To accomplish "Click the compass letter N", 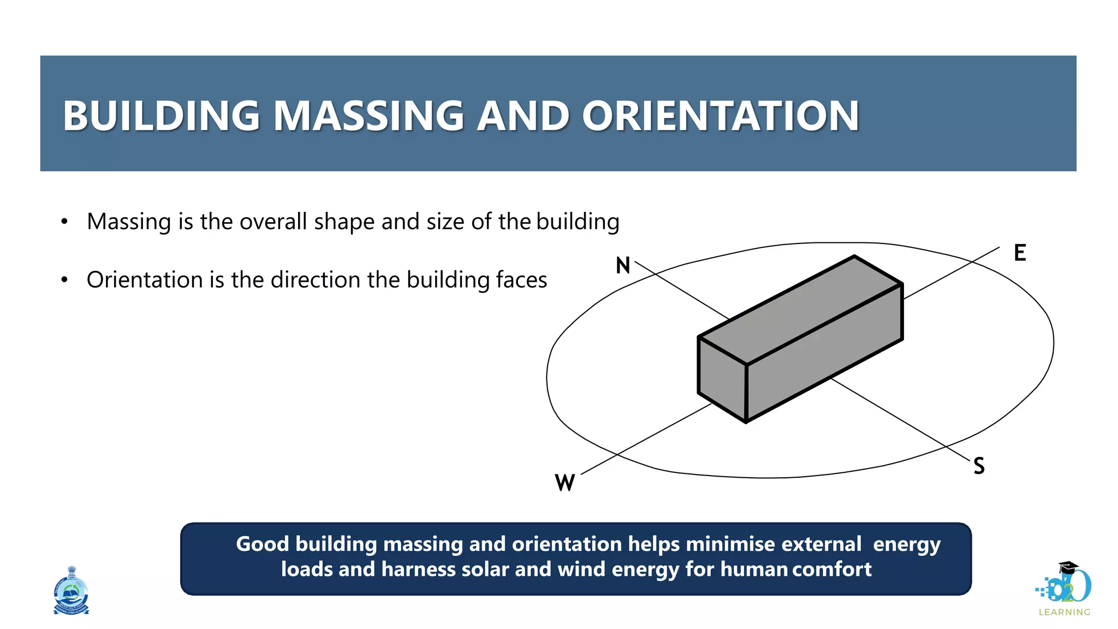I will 623,265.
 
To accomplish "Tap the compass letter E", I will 1020,253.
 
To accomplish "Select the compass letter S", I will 979,466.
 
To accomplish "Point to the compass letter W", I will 564,483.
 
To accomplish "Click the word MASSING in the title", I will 368,116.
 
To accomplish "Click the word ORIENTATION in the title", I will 720,116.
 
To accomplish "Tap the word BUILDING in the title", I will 161,116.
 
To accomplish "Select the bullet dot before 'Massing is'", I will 64,222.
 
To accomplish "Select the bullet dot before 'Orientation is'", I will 64,280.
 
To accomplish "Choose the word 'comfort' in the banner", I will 832,569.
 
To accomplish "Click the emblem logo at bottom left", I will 71,591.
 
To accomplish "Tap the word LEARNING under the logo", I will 1064,612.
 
